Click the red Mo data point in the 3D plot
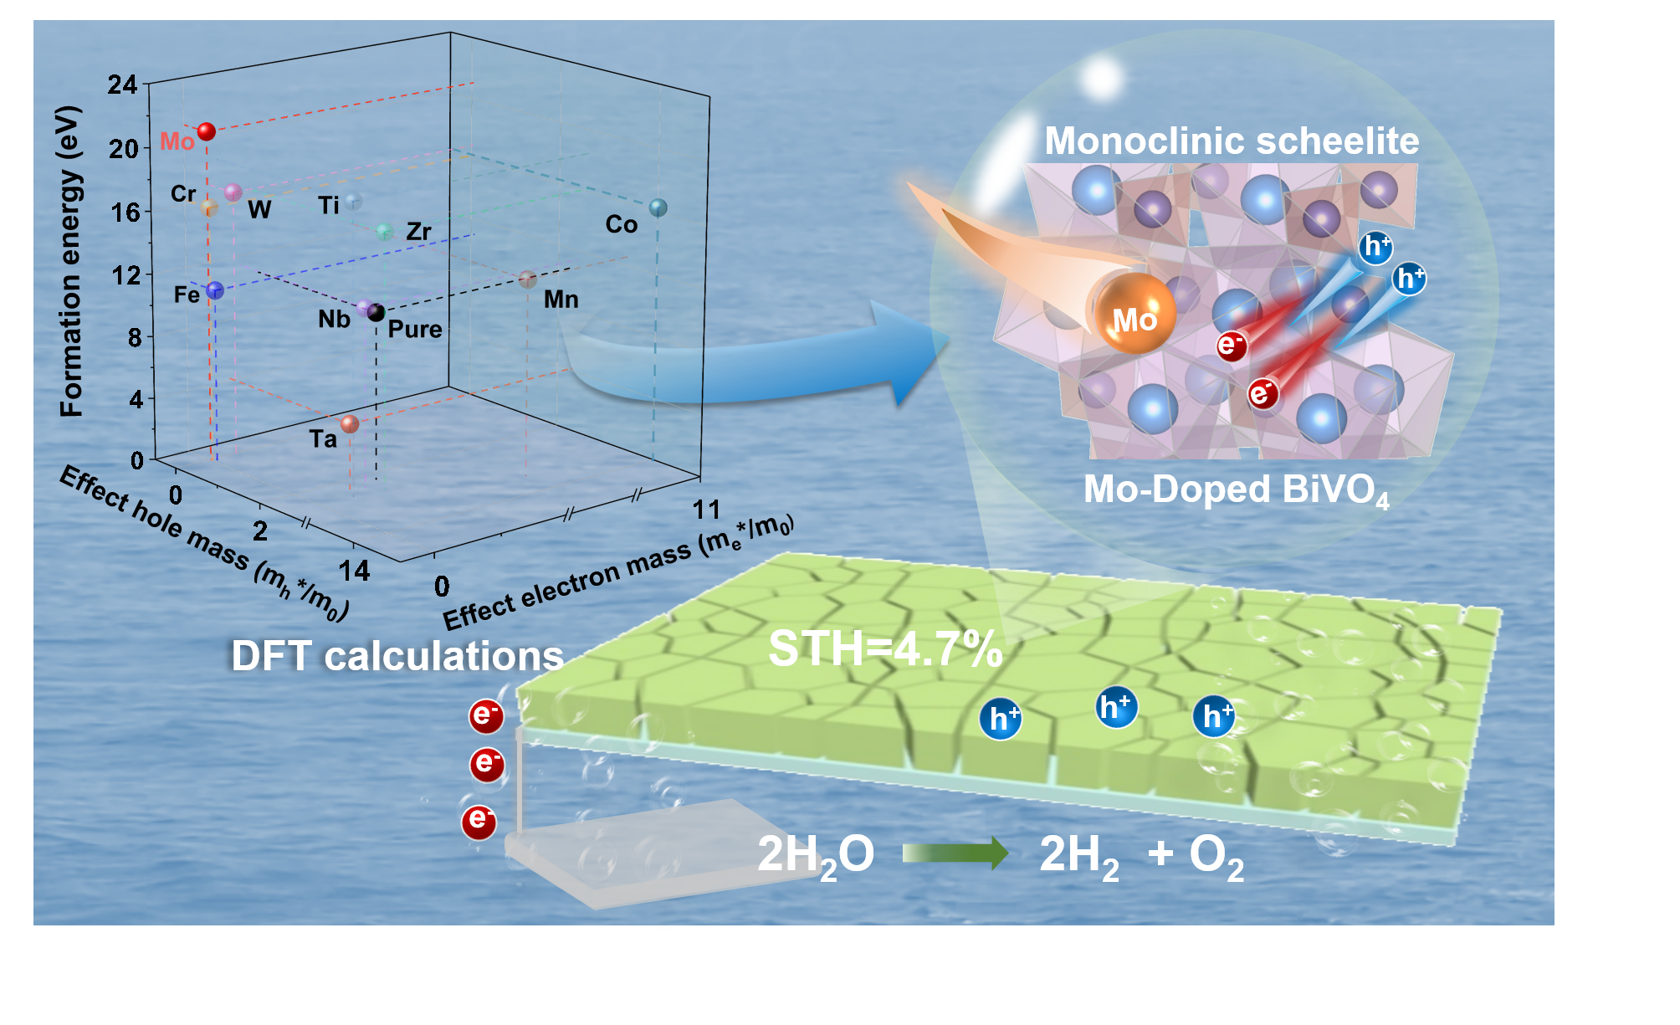point(206,131)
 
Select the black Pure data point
point(376,313)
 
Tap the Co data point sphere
point(658,208)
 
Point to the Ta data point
point(350,424)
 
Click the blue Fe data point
point(215,290)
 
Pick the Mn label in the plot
point(561,300)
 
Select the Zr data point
point(385,232)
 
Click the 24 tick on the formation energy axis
point(122,85)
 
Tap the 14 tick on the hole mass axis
point(354,571)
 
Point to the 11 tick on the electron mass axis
point(707,509)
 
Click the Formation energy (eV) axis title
point(71,261)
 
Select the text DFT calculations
point(397,656)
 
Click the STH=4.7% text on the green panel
point(884,648)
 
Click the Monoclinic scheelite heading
point(1231,141)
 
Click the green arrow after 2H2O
point(955,853)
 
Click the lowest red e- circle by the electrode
point(479,821)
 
